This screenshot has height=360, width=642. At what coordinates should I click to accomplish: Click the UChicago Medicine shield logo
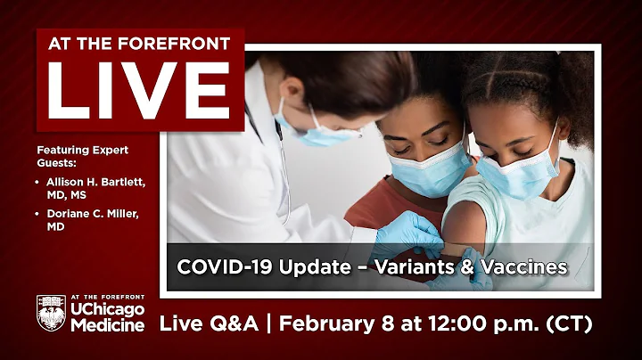[x=52, y=314]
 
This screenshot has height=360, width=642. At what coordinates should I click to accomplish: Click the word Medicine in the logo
[x=107, y=326]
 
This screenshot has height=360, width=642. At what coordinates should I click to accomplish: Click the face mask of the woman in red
[x=428, y=169]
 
